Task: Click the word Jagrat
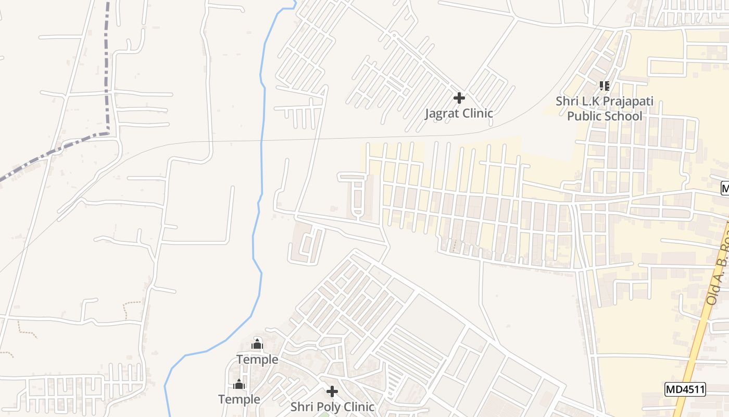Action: coord(443,113)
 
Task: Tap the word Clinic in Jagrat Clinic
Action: coord(476,113)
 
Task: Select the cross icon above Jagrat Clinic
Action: coord(459,97)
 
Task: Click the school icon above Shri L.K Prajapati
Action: coord(604,85)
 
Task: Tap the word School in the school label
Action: coord(623,116)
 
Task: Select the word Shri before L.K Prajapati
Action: coord(567,101)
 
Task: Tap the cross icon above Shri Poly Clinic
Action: coord(332,391)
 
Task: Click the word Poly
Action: coord(328,407)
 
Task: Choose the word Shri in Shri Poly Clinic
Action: coord(301,407)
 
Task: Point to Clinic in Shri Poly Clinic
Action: coord(358,407)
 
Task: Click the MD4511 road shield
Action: coord(685,389)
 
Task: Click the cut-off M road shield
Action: coord(725,188)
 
